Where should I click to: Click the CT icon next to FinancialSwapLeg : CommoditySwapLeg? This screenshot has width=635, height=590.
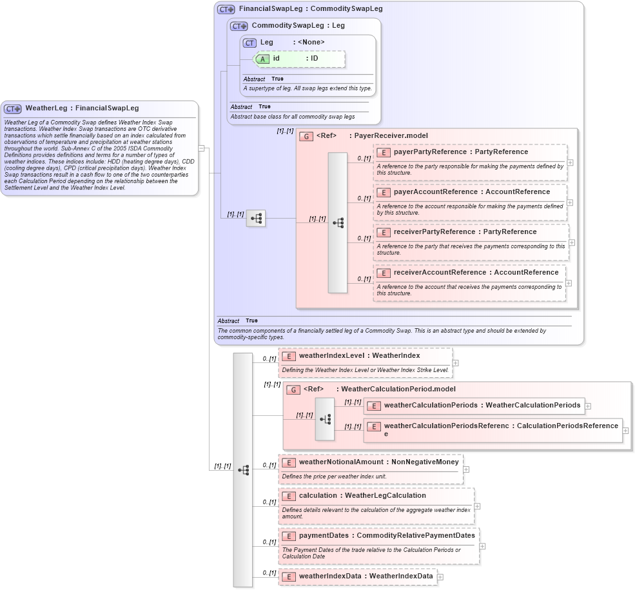click(226, 9)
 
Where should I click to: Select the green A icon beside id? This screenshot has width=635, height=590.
click(262, 59)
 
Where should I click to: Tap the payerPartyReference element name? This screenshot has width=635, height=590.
click(430, 152)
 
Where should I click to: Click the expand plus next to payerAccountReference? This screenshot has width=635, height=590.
click(569, 202)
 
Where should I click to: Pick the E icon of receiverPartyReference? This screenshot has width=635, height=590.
click(384, 232)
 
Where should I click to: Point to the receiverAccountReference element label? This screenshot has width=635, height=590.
click(440, 273)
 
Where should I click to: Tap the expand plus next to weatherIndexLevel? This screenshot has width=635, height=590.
click(456, 363)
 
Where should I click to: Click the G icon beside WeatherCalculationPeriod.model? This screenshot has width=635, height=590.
click(293, 389)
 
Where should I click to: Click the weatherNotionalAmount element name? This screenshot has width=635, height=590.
click(341, 462)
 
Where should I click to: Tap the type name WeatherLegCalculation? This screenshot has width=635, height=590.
click(386, 496)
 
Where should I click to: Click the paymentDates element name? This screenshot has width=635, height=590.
click(325, 536)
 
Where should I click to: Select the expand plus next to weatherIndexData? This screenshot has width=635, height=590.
click(440, 576)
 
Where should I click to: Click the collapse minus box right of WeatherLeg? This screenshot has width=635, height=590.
click(201, 148)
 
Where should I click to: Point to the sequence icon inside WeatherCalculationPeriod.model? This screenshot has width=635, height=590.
click(325, 419)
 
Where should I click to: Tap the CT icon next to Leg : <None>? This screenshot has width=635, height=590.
click(249, 43)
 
